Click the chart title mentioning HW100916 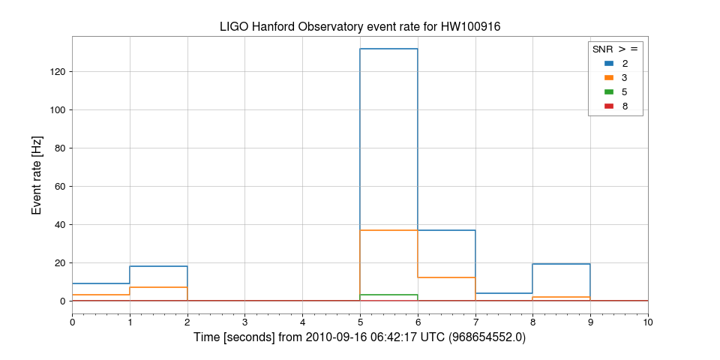pos(360,27)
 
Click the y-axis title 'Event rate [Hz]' pos(37,175)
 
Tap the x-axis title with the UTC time pos(360,338)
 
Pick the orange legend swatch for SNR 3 pos(608,77)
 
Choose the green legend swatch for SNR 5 pos(608,91)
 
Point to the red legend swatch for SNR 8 pos(608,106)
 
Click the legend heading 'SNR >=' pos(615,49)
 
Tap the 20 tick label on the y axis pos(59,263)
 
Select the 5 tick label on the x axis pos(360,322)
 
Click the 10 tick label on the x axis pos(648,322)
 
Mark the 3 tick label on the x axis pos(245,322)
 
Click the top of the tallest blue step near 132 pos(388,49)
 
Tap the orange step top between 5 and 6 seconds pos(388,230)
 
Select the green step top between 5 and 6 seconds pos(388,295)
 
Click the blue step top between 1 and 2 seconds pos(158,266)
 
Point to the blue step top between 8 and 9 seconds pos(561,264)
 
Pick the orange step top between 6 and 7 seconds pos(446,277)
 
